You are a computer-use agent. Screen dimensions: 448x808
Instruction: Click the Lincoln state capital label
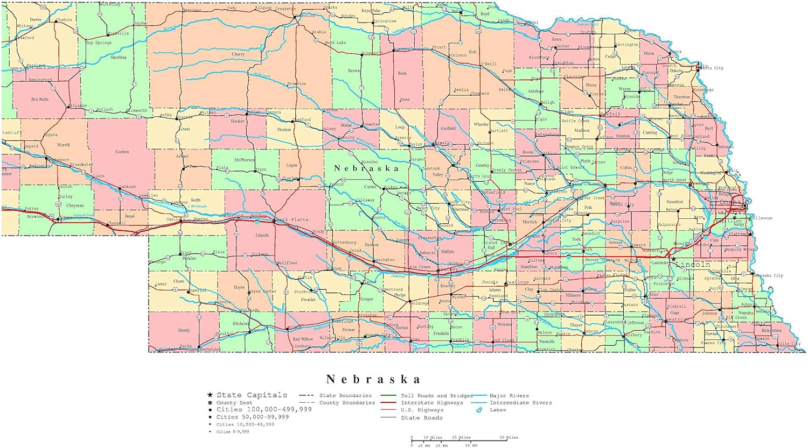[x=693, y=265]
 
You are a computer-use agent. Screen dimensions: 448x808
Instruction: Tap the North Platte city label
[x=291, y=219]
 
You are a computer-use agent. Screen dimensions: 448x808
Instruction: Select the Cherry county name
[x=238, y=54]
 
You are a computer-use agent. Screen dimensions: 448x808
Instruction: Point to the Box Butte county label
[x=40, y=99]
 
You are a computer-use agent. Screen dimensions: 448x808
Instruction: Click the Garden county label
[x=122, y=152]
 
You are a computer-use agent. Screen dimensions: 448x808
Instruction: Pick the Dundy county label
[x=184, y=330]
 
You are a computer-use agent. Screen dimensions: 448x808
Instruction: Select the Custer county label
[x=370, y=187]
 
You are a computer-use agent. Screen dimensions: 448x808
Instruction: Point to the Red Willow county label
[x=303, y=339]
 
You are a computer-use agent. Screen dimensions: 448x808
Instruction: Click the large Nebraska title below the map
[x=373, y=379]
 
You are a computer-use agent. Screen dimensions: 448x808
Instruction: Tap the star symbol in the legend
[x=210, y=395]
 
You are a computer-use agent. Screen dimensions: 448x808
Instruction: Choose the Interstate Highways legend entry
[x=431, y=402]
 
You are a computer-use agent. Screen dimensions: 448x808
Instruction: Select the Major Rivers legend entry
[x=509, y=395]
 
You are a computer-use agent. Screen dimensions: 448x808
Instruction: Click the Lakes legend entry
[x=498, y=410]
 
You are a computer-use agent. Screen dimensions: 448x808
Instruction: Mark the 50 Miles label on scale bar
[x=509, y=437]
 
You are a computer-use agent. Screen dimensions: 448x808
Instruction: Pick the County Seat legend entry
[x=234, y=402]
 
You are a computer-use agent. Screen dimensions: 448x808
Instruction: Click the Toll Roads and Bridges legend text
[x=436, y=395]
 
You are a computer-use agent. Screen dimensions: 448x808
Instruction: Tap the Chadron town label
[x=64, y=20]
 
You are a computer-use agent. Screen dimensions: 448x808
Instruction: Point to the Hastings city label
[x=517, y=282]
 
